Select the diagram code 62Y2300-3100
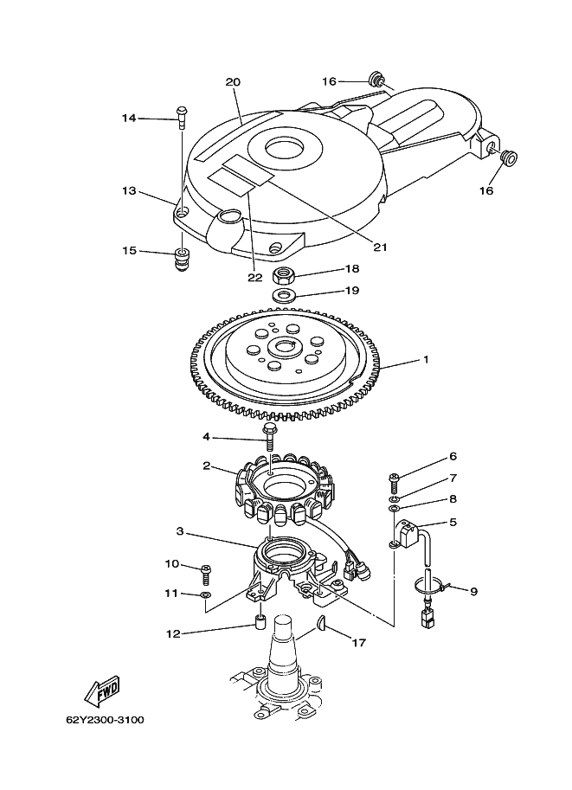tap(105, 719)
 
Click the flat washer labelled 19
tap(284, 295)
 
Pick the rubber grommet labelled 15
tap(182, 259)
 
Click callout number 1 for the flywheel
tap(426, 360)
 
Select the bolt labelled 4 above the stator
tap(270, 437)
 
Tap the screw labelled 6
tap(394, 482)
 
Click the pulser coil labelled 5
tap(409, 534)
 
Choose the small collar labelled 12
tap(260, 622)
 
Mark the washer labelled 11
tap(205, 595)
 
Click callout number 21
tap(380, 247)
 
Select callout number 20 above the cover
tap(233, 81)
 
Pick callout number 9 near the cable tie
tap(473, 591)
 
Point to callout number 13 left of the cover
tap(129, 191)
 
